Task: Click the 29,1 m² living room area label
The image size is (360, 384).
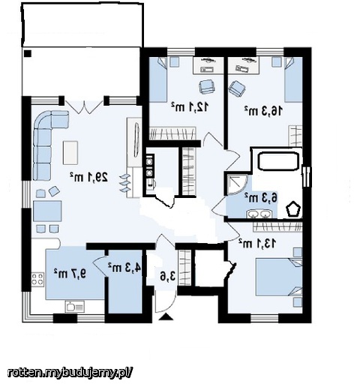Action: pyautogui.click(x=88, y=177)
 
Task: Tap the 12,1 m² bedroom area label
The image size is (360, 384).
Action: pyautogui.click(x=190, y=106)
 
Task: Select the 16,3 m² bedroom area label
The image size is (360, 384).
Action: pyautogui.click(x=263, y=110)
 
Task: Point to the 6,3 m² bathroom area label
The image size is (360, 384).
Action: pyautogui.click(x=261, y=197)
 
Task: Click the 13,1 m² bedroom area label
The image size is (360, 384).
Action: pyautogui.click(x=257, y=243)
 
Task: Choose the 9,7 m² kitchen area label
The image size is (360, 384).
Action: pyautogui.click(x=70, y=273)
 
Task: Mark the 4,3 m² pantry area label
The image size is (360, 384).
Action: pyautogui.click(x=124, y=268)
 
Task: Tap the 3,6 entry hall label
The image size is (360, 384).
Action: pyautogui.click(x=168, y=276)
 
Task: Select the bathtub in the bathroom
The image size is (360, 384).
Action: pyautogui.click(x=278, y=161)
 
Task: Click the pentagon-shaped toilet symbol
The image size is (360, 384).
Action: pyautogui.click(x=292, y=208)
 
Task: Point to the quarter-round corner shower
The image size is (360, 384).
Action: pyautogui.click(x=236, y=184)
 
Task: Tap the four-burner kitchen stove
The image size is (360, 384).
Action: pyautogui.click(x=37, y=279)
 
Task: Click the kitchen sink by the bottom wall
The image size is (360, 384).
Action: pyautogui.click(x=75, y=306)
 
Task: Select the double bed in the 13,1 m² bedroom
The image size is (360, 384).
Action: pyautogui.click(x=279, y=277)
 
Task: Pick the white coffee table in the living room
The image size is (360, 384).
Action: pyautogui.click(x=70, y=152)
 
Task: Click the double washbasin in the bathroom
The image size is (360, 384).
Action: pyautogui.click(x=259, y=214)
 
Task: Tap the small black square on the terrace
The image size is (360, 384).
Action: pyautogui.click(x=28, y=54)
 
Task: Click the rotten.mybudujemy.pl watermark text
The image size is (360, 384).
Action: pyautogui.click(x=69, y=373)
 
